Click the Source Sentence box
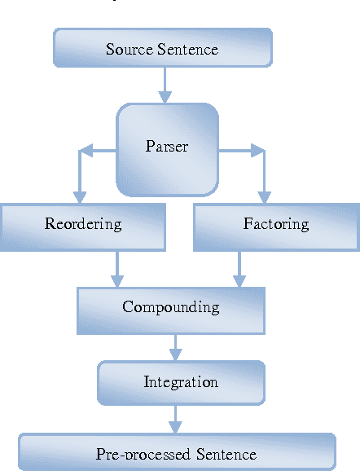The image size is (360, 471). [163, 48]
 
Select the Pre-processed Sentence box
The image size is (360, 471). [177, 452]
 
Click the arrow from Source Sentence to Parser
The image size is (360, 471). [165, 85]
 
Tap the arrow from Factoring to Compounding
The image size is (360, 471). [239, 268]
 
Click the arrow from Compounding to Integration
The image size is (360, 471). [173, 347]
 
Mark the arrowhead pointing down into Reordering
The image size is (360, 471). [79, 196]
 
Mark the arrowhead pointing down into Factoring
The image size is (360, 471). [263, 196]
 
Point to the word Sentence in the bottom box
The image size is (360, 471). [221, 454]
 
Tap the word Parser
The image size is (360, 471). [167, 147]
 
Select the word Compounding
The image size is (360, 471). [171, 307]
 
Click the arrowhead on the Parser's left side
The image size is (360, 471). [86, 150]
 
